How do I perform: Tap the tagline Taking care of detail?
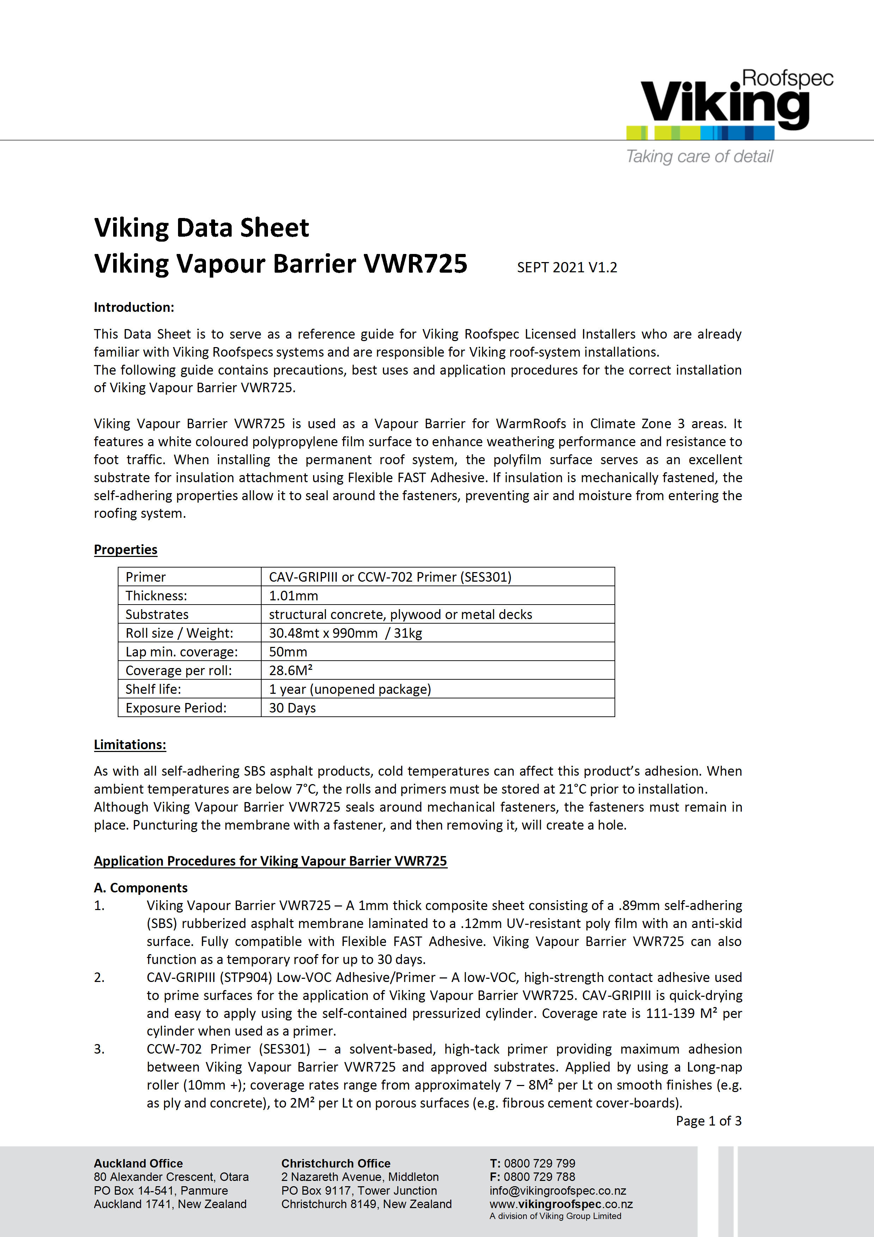point(699,157)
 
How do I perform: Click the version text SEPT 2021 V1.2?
point(567,268)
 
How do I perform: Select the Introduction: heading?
point(134,307)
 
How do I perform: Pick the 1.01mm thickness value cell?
point(293,596)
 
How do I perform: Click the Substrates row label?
point(157,615)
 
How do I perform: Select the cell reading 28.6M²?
point(291,671)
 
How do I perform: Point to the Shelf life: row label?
point(153,690)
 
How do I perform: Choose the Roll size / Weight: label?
point(179,633)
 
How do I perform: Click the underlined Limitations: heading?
point(130,745)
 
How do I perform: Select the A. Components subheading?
point(141,888)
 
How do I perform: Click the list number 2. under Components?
point(99,978)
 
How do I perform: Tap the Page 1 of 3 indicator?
point(708,1121)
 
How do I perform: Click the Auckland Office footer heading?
point(138,1164)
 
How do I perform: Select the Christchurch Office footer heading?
point(336,1164)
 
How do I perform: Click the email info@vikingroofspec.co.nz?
point(557,1191)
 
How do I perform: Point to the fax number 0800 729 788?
point(539,1177)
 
